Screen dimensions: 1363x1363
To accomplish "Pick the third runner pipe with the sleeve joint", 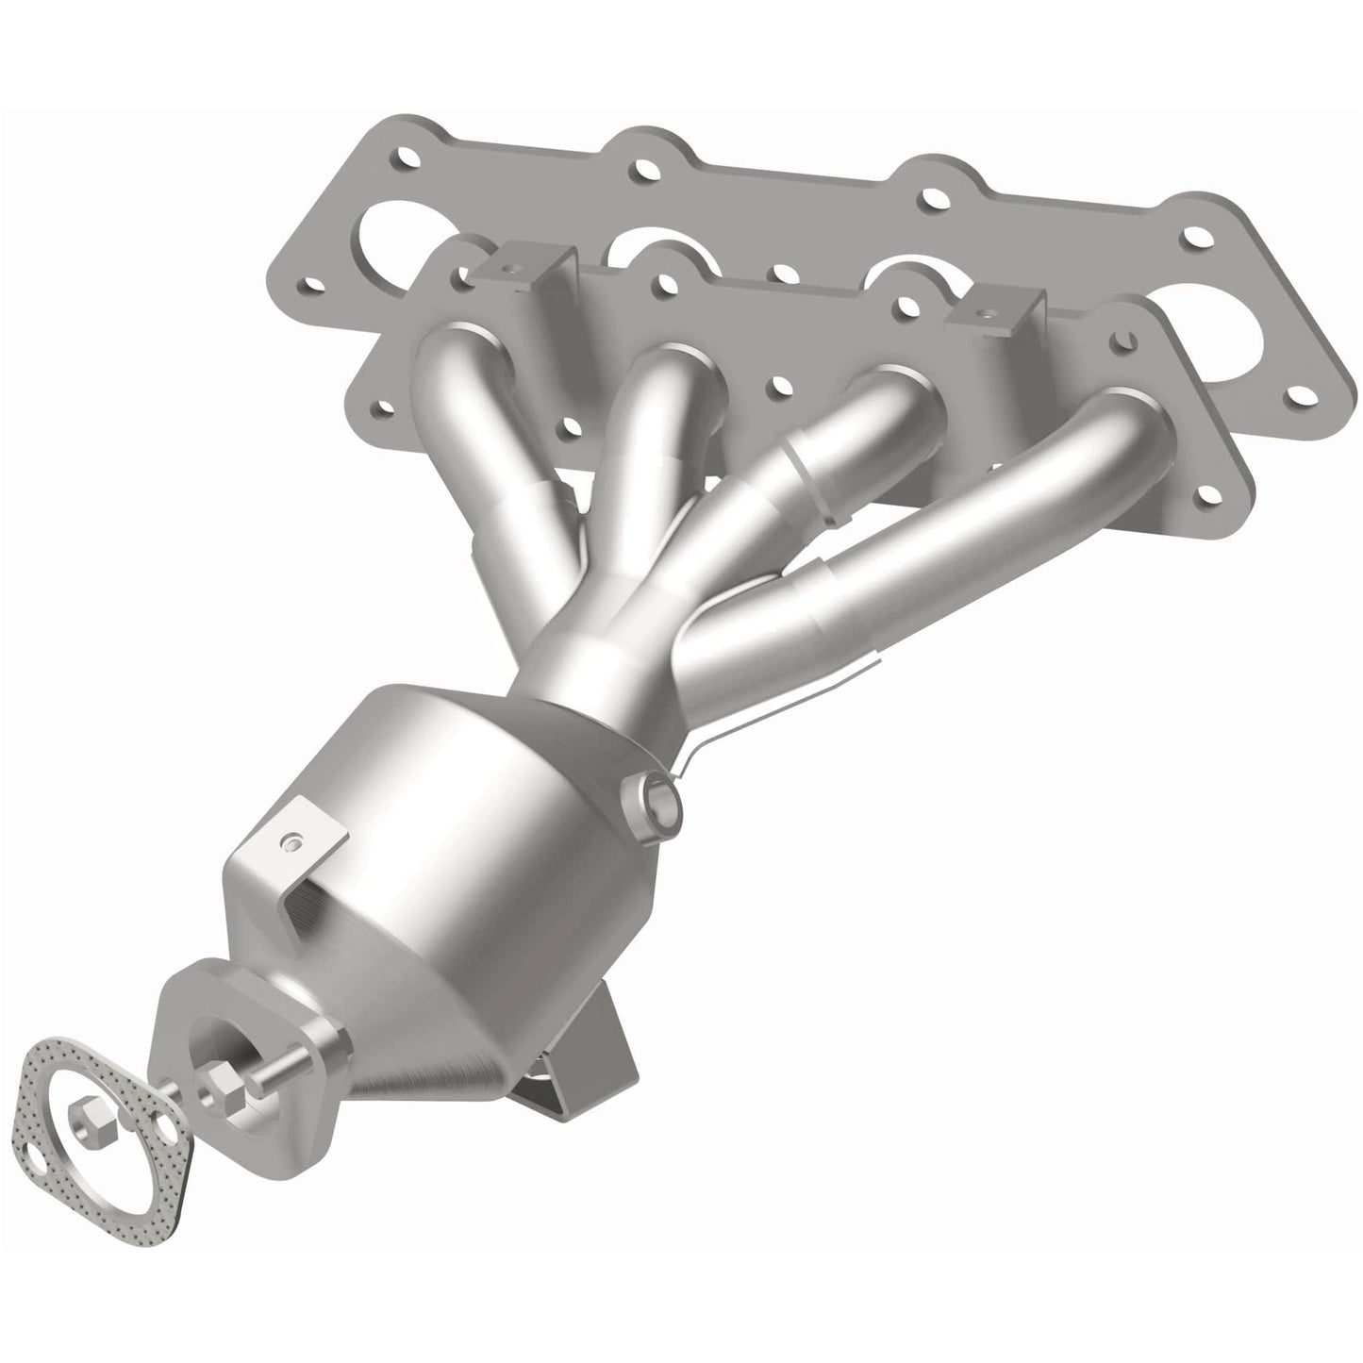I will [x=802, y=462].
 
